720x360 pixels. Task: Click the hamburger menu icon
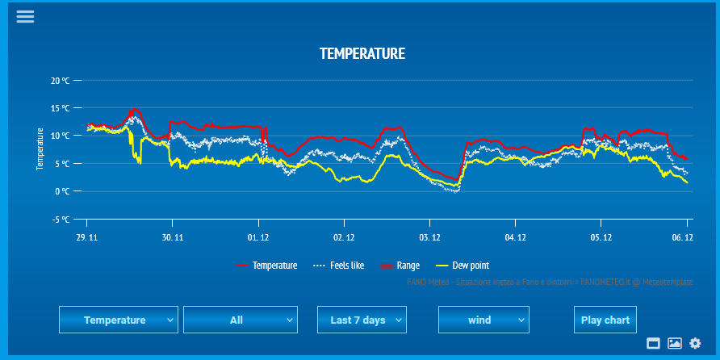click(x=25, y=16)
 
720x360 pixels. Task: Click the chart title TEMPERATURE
click(x=362, y=54)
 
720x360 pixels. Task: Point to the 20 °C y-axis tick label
click(x=61, y=81)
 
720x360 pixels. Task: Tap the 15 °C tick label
click(x=61, y=108)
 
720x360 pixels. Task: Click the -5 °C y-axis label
click(x=61, y=219)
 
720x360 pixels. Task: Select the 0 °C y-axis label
click(x=63, y=191)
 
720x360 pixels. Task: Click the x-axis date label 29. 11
click(x=87, y=237)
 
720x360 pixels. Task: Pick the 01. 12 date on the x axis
click(x=258, y=237)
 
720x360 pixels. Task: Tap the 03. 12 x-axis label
click(x=429, y=237)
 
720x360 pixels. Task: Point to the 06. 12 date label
click(x=683, y=237)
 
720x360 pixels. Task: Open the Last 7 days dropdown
click(x=362, y=320)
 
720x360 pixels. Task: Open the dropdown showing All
click(x=241, y=320)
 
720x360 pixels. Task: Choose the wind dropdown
click(x=483, y=320)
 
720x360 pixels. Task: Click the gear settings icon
click(x=695, y=343)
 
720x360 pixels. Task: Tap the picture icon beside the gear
click(x=675, y=343)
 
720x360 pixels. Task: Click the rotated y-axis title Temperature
click(x=40, y=148)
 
